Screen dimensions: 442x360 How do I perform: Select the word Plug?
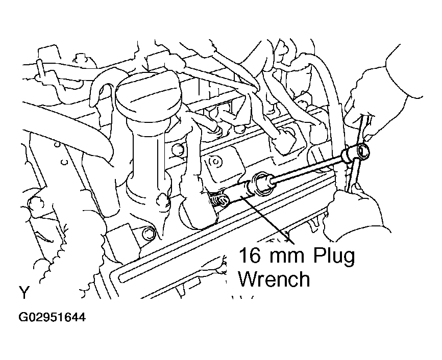click(334, 257)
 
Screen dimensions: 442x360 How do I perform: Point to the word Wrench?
click(274, 279)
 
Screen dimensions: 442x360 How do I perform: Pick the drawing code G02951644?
click(52, 318)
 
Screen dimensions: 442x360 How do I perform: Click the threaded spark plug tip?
click(218, 200)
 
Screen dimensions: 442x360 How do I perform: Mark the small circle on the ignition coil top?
click(215, 162)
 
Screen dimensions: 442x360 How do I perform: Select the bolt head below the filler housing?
click(149, 235)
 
